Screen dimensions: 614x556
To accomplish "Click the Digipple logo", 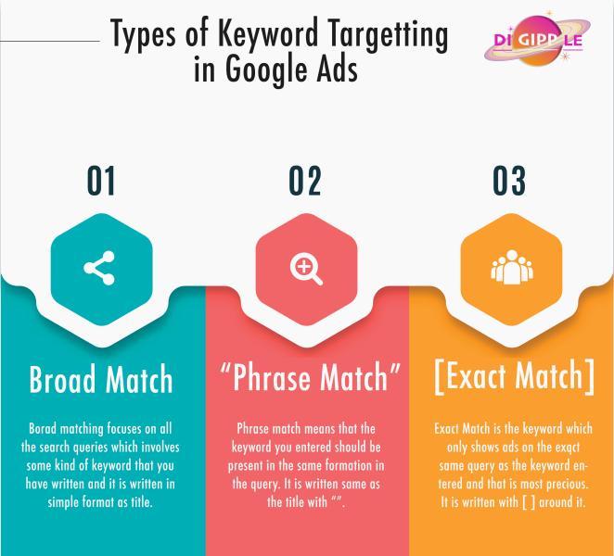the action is coord(537,39).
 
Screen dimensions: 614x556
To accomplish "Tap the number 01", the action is coord(101,181).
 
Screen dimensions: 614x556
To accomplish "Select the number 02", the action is coord(305,181).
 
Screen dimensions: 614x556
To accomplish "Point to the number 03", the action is coord(509,181).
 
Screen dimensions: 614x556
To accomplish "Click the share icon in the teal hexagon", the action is coord(99,268).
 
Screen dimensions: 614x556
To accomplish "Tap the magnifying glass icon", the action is coord(306,269).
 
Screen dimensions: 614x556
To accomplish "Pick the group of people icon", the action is coord(512,267).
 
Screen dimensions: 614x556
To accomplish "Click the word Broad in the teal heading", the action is coord(62,379).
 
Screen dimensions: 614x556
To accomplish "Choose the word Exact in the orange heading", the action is coord(478,375).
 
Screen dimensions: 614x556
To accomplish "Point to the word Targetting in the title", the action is coord(388,35).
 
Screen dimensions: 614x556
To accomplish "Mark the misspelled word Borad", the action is coord(43,428).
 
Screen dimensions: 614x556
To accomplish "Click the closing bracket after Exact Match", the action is coord(590,376).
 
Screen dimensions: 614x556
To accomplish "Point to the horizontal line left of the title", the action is coord(50,40).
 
